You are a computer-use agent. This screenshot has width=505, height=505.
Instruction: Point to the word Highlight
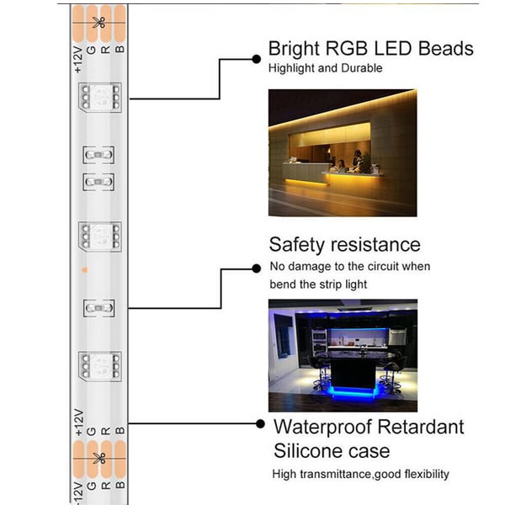click(x=292, y=68)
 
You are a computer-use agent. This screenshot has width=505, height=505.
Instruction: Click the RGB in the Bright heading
click(x=345, y=48)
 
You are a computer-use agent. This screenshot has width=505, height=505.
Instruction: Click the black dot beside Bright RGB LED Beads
click(x=257, y=58)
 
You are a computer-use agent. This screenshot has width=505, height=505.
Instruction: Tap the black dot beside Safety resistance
click(x=257, y=268)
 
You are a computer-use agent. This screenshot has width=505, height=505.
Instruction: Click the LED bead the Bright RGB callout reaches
click(x=99, y=98)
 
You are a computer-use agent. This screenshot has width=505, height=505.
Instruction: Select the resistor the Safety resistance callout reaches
click(x=99, y=308)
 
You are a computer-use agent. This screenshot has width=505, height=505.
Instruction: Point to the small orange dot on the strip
click(x=84, y=270)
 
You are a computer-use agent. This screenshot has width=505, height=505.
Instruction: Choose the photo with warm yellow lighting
click(x=343, y=152)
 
